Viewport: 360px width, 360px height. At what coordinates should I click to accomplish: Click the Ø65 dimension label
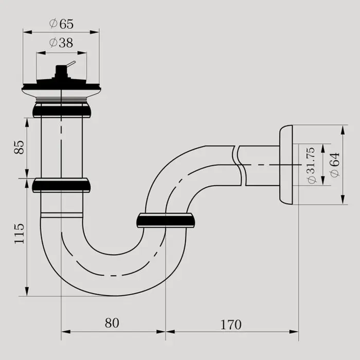(x=61, y=24)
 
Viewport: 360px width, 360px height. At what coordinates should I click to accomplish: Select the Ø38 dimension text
(x=61, y=43)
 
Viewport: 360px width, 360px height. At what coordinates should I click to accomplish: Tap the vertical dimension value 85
(x=19, y=147)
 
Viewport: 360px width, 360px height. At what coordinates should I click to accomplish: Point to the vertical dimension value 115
(x=19, y=233)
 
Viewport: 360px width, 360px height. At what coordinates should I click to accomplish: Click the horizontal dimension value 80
(x=112, y=323)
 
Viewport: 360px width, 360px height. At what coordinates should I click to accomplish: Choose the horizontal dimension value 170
(x=231, y=325)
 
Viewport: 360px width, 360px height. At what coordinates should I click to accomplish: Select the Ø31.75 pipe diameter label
(x=311, y=165)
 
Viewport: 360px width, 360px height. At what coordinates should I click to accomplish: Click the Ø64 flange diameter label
(x=335, y=165)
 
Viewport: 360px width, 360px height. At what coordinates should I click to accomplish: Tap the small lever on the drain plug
(x=71, y=64)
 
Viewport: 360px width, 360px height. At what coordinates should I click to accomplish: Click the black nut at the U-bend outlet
(x=166, y=221)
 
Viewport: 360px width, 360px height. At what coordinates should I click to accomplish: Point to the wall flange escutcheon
(x=286, y=165)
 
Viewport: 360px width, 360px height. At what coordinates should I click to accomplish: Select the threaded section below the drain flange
(x=61, y=100)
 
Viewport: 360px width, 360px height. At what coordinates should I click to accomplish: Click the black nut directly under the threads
(x=61, y=111)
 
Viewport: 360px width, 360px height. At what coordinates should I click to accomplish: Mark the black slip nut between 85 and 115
(x=61, y=185)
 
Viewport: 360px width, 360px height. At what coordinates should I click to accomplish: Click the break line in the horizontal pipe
(x=240, y=165)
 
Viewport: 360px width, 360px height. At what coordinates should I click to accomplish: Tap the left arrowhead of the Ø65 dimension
(x=28, y=32)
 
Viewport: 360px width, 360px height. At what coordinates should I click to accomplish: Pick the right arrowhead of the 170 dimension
(x=294, y=332)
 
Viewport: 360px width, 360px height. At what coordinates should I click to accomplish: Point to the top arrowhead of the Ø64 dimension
(x=343, y=130)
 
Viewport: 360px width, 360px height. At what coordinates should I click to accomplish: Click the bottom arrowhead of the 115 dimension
(x=27, y=291)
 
